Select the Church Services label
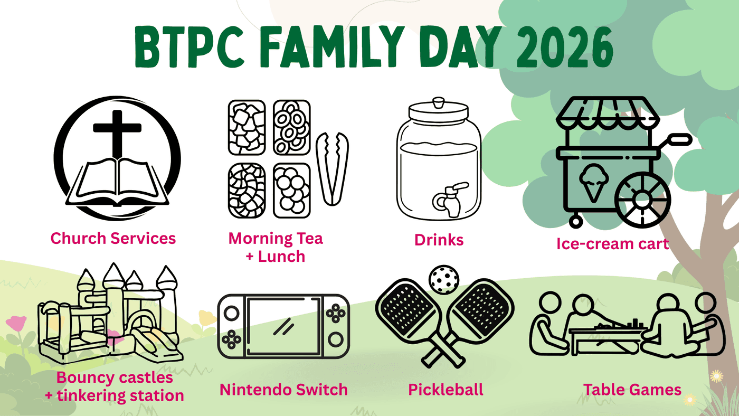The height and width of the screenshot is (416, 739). [x=113, y=238]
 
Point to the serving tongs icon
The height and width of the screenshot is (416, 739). [x=332, y=168]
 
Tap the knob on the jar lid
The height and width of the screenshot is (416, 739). [x=439, y=102]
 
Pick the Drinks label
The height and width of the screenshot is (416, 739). [x=439, y=240]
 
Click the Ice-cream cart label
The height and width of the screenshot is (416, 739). [x=613, y=244]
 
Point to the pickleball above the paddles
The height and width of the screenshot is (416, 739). [x=444, y=279]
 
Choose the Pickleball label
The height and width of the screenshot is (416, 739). [x=446, y=390]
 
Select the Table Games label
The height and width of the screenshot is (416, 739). [x=632, y=390]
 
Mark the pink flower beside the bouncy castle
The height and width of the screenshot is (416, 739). [x=16, y=323]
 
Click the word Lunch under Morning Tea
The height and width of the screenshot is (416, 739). [x=281, y=257]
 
